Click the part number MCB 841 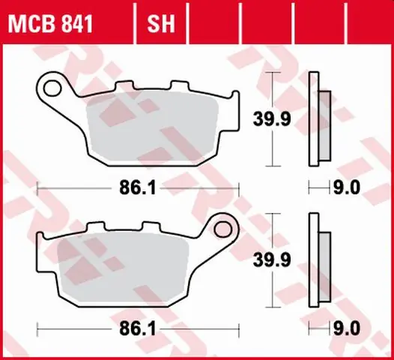(50, 24)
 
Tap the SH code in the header (161, 24)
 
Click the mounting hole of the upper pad (52, 88)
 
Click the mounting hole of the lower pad (223, 229)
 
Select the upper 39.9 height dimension (272, 119)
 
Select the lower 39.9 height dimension (272, 259)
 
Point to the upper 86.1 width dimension (138, 188)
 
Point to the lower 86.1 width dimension (138, 328)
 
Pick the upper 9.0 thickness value (347, 187)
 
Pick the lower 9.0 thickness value (347, 328)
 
